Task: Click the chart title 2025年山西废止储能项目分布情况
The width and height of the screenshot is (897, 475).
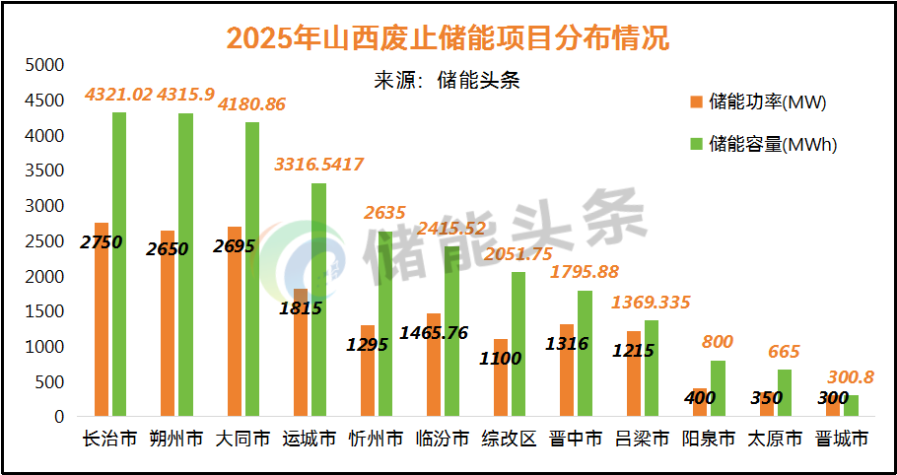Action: [x=448, y=36]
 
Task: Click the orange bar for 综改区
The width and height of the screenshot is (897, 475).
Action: [x=501, y=378]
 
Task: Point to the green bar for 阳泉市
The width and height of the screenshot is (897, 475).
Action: [x=718, y=389]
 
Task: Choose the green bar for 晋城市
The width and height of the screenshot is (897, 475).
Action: [x=851, y=406]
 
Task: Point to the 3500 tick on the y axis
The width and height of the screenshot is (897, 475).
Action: [x=43, y=170]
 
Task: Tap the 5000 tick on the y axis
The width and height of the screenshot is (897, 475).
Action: [x=43, y=65]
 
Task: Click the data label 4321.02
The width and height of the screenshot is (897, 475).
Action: [x=118, y=95]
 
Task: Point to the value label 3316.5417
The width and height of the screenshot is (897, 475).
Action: [x=318, y=164]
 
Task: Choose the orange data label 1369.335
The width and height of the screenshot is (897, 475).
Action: [x=651, y=302]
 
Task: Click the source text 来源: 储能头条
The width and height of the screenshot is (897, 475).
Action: [x=448, y=81]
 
